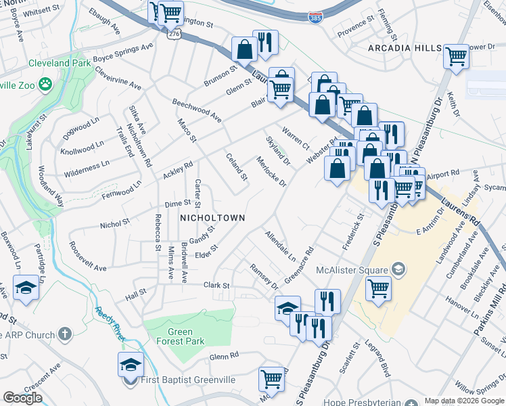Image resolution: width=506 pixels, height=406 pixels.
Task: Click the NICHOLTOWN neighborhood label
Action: click(212, 218)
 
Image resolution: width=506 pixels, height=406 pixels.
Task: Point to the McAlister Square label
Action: click(356, 269)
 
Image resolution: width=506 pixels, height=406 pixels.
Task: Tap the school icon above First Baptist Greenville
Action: click(131, 365)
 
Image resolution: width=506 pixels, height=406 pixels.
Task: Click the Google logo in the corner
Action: click(23, 398)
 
